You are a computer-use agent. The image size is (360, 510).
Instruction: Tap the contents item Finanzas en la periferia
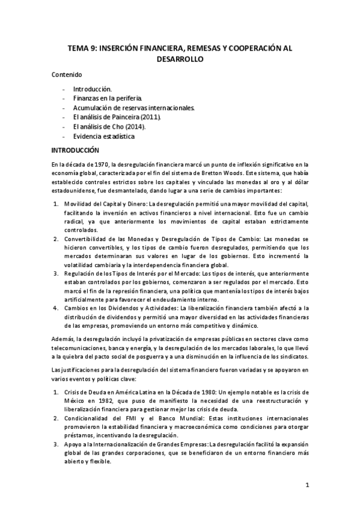coord(108,98)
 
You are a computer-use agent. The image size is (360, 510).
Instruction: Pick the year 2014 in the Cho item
coord(135,127)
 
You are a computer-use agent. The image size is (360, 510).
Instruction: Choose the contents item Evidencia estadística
coord(104,137)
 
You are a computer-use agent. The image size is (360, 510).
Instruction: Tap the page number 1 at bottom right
coord(307,485)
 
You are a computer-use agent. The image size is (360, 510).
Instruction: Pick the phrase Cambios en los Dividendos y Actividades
coord(117,309)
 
